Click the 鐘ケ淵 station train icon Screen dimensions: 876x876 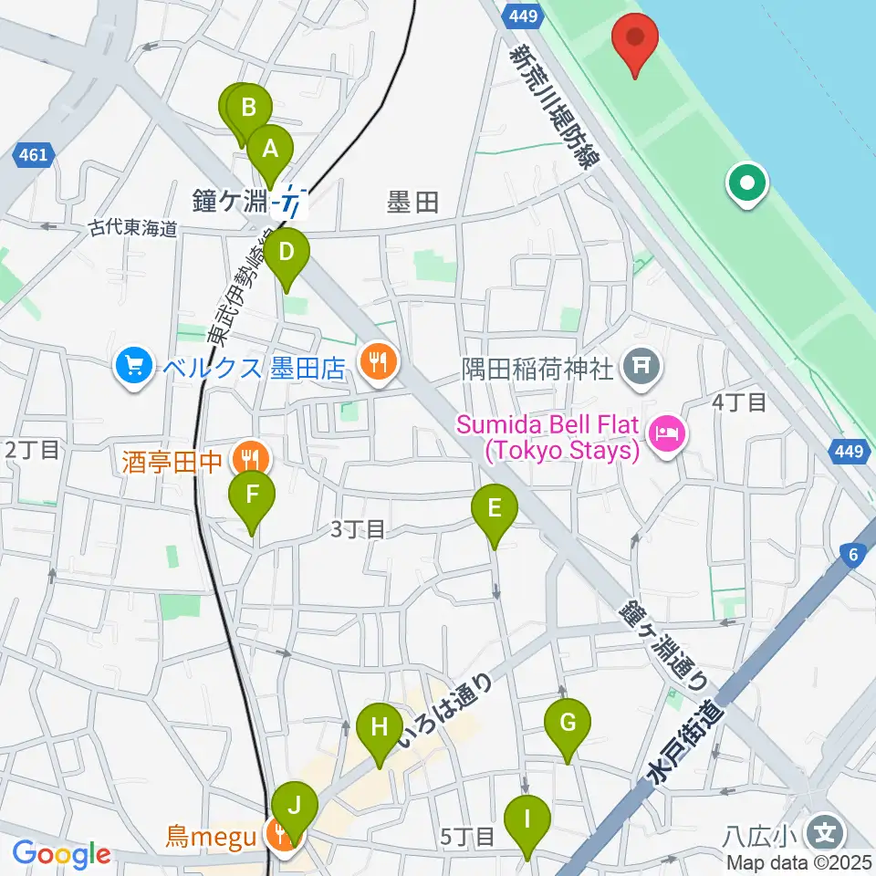tap(293, 199)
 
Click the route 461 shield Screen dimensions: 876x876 tap(32, 156)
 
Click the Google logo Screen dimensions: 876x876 tap(62, 855)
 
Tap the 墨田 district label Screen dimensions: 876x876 tap(413, 203)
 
